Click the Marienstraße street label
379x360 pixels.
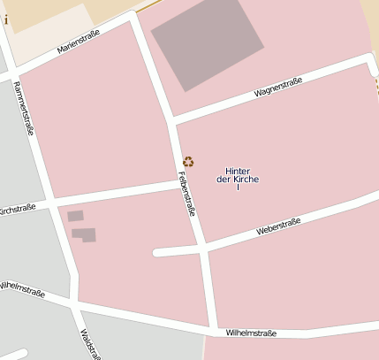coord(79,41)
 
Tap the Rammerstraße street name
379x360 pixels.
coord(25,107)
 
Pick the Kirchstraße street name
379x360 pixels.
coord(18,209)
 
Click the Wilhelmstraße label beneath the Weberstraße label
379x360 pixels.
coord(251,333)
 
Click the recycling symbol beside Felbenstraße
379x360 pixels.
coord(188,161)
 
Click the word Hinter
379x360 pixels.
coord(239,171)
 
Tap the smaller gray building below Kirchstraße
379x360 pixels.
coord(75,216)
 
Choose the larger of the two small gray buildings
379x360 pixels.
coord(84,234)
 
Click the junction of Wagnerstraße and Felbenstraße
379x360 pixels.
coord(171,119)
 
